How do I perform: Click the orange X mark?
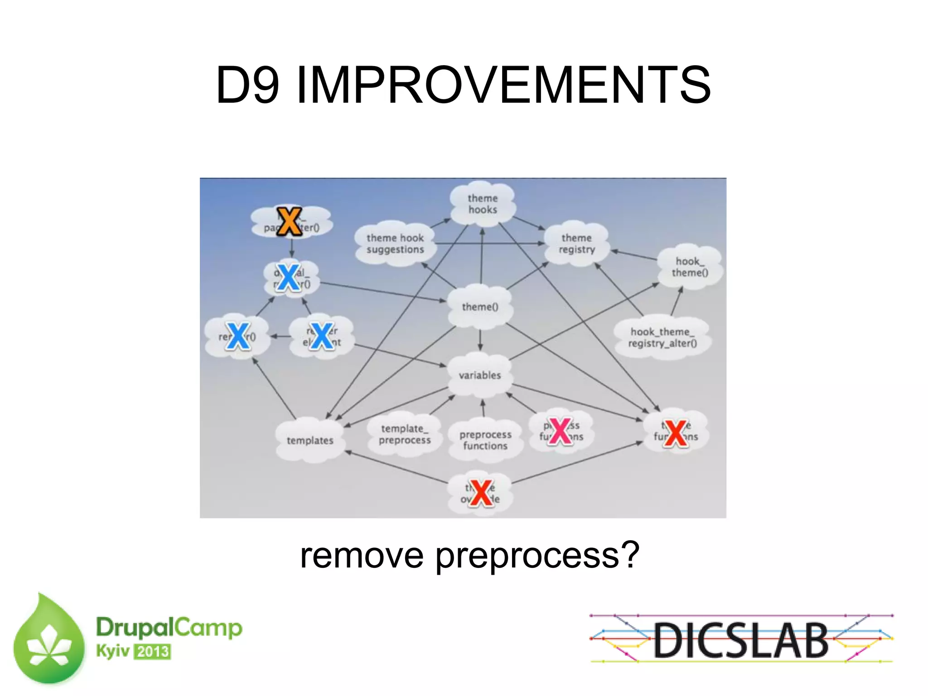tap(289, 221)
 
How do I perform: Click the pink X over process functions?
tap(560, 431)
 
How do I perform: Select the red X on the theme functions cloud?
tap(676, 433)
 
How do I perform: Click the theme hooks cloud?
tap(483, 204)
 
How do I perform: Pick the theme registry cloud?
tap(576, 244)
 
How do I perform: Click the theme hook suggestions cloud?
tap(395, 244)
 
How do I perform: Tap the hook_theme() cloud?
tap(689, 267)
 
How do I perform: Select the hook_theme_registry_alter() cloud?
tap(662, 338)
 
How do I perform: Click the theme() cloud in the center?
tap(480, 307)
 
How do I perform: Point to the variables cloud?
tap(480, 375)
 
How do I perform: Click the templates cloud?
tap(310, 440)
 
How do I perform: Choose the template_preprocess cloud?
tap(405, 434)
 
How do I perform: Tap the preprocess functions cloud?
tap(485, 440)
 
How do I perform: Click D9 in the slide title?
tap(247, 85)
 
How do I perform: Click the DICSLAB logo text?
tap(741, 640)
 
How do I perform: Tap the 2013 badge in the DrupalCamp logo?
tap(153, 652)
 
